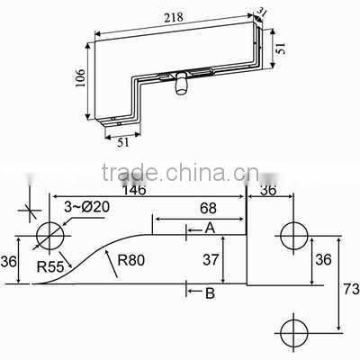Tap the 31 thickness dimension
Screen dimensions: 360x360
tap(262, 11)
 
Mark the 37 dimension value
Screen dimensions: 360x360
tap(209, 260)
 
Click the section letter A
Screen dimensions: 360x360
tap(208, 229)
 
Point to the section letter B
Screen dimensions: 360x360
tap(209, 292)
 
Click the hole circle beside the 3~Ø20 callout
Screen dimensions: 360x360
tap(50, 238)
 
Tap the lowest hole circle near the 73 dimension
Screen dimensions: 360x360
tap(293, 330)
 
